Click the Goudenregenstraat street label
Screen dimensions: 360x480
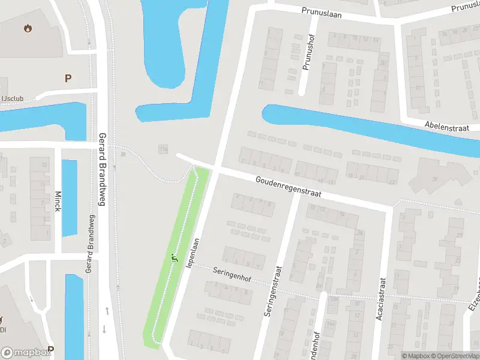coord(288,187)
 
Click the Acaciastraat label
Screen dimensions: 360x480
coord(380,298)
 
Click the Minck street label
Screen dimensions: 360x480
coord(58,205)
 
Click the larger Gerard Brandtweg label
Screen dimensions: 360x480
coord(102,169)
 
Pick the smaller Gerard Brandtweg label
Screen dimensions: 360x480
coord(90,247)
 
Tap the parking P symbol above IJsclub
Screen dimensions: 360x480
coord(68,77)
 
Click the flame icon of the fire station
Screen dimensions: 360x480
coord(28,28)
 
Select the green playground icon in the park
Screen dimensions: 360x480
coord(175,259)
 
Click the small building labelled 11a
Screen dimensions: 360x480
coord(163,149)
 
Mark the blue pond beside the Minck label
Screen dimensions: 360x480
coord(70,198)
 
